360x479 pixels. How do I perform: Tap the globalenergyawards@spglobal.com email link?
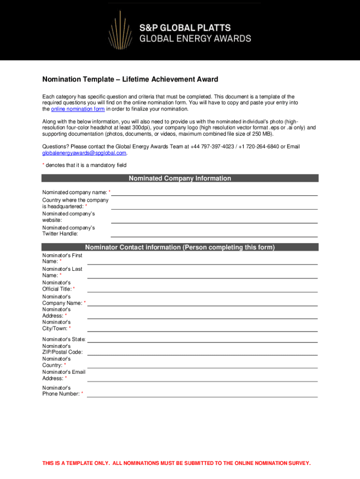click(x=84, y=153)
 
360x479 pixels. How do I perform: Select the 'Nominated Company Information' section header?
click(x=180, y=178)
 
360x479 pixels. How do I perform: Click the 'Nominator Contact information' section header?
click(x=180, y=247)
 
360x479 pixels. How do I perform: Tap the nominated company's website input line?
click(x=214, y=219)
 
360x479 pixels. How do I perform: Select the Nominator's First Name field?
click(x=202, y=261)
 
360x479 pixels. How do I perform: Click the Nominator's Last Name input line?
click(x=202, y=275)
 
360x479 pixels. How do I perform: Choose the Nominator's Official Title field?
click(x=202, y=289)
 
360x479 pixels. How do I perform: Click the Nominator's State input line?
click(x=202, y=339)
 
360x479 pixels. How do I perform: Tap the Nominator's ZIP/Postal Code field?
click(x=202, y=352)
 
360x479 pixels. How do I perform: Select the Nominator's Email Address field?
click(x=202, y=378)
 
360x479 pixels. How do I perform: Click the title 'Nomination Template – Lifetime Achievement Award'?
click(x=130, y=80)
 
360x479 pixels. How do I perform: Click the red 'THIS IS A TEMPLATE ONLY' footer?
click(x=176, y=463)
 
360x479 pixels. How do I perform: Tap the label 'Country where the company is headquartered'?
click(x=75, y=203)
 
